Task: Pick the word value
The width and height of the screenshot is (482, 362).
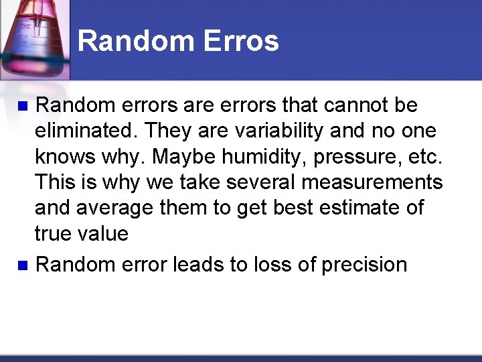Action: coord(105,233)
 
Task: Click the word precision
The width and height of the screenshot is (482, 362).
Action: coord(364,265)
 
